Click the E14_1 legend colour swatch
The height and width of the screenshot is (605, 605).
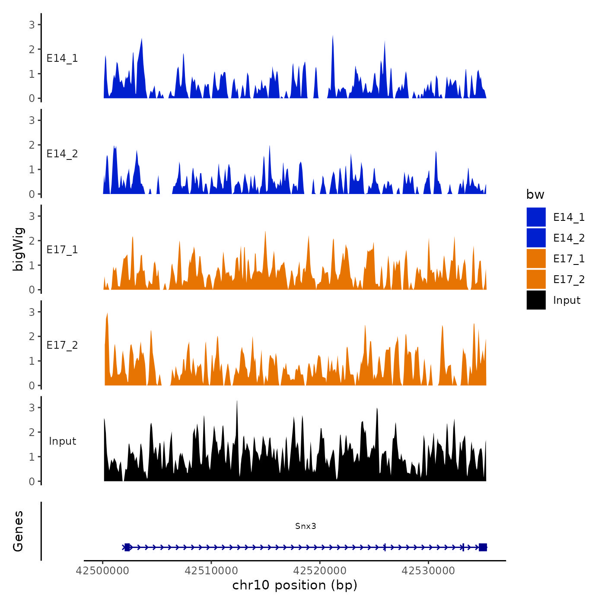pyautogui.click(x=536, y=217)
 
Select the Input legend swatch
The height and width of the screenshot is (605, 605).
pyautogui.click(x=536, y=300)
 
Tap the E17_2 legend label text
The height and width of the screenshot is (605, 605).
pyautogui.click(x=569, y=280)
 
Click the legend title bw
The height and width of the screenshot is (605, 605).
pyautogui.click(x=535, y=194)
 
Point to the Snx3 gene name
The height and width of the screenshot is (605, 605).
pyautogui.click(x=306, y=526)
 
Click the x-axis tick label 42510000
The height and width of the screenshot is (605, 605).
pyautogui.click(x=211, y=571)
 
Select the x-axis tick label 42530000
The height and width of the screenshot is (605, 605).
pyautogui.click(x=428, y=571)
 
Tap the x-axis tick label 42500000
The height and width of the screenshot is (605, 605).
pyautogui.click(x=102, y=571)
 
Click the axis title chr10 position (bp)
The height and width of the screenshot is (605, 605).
pyautogui.click(x=295, y=585)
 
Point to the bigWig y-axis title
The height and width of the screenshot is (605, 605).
pyautogui.click(x=18, y=249)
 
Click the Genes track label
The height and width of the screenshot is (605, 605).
pyautogui.click(x=18, y=531)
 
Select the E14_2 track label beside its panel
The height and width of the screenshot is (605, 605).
pyautogui.click(x=62, y=154)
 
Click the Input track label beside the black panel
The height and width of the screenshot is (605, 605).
pyautogui.click(x=62, y=441)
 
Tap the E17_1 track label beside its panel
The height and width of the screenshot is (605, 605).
pyautogui.click(x=62, y=250)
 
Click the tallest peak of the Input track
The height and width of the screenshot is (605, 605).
pyautogui.click(x=237, y=402)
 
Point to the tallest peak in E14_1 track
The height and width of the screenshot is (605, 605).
pyautogui.click(x=333, y=36)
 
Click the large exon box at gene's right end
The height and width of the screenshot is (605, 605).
pyautogui.click(x=483, y=548)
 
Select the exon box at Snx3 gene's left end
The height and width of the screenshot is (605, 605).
pyautogui.click(x=127, y=548)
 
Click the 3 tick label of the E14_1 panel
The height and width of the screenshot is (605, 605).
pyautogui.click(x=32, y=25)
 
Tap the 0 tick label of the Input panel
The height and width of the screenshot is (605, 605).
pyautogui.click(x=32, y=481)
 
